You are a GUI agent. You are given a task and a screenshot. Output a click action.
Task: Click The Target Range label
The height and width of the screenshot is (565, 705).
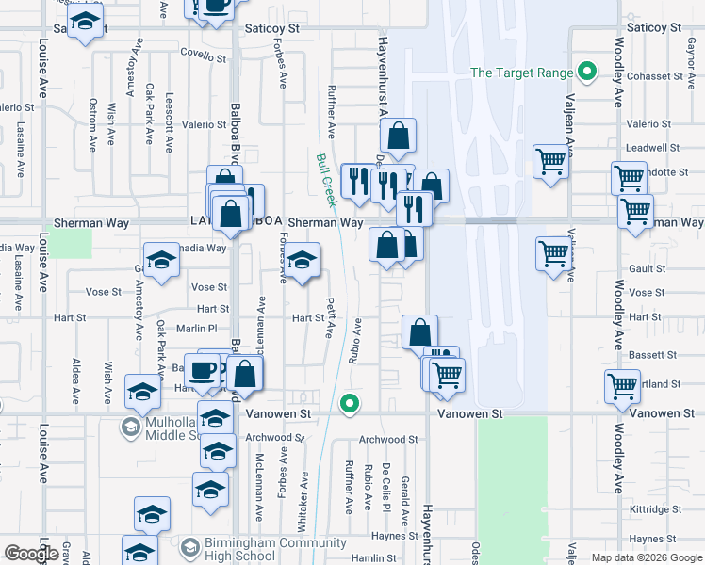[521, 73]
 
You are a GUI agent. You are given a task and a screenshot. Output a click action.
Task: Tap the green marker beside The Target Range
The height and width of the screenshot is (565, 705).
[588, 73]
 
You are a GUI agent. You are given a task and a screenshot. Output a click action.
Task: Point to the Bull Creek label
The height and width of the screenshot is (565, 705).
[326, 181]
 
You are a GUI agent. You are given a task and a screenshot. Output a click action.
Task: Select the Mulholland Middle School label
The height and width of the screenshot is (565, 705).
[167, 428]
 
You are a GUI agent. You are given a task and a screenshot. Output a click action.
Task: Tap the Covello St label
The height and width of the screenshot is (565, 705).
[204, 57]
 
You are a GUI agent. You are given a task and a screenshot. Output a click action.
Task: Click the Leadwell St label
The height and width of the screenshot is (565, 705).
[647, 148]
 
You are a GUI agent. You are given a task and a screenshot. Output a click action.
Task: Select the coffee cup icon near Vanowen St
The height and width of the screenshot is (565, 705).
[203, 371]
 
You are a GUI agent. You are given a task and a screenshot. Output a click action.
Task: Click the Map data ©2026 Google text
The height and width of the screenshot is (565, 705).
[646, 557]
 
